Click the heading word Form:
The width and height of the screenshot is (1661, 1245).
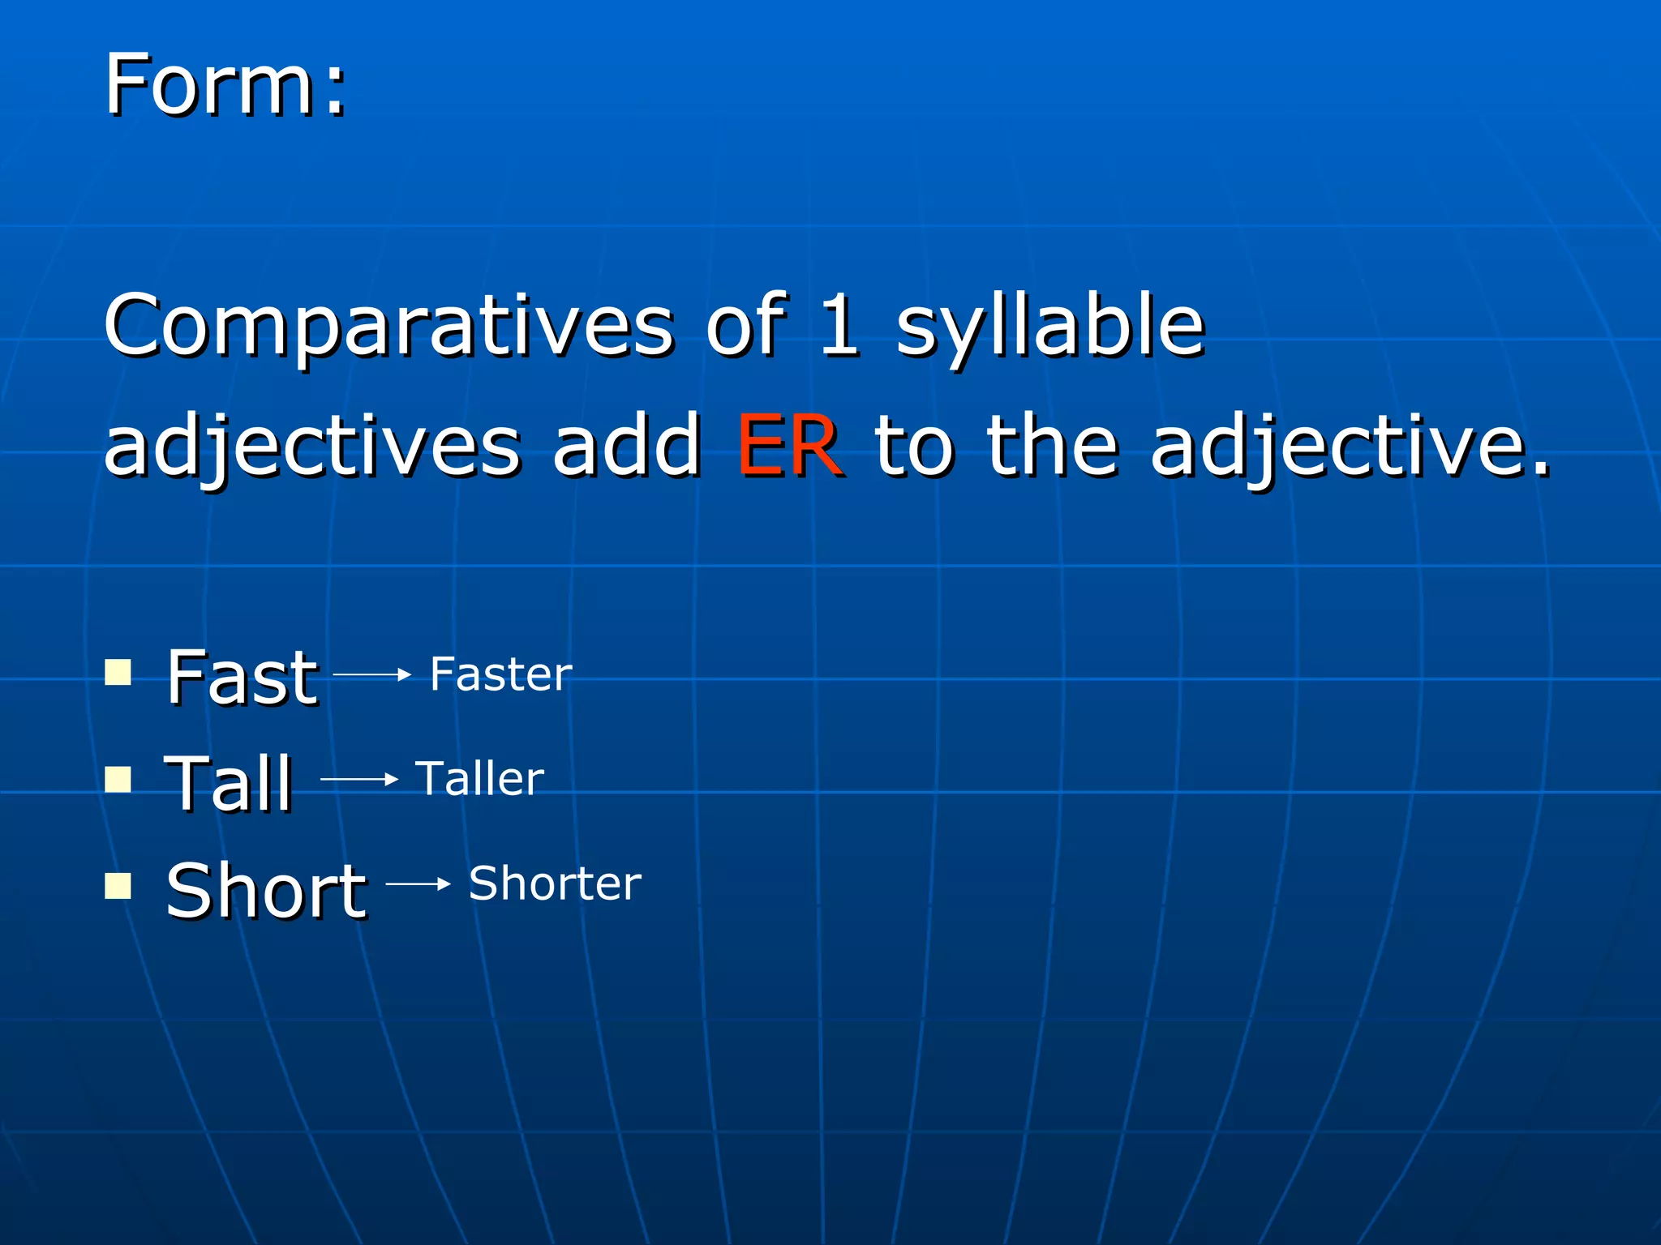pyautogui.click(x=225, y=84)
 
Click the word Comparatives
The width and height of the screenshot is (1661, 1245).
pyautogui.click(x=388, y=326)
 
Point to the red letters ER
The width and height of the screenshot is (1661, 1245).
pyautogui.click(x=788, y=446)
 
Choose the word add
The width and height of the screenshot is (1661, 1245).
pyautogui.click(x=626, y=446)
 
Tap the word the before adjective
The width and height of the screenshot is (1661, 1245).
pyautogui.click(x=1053, y=446)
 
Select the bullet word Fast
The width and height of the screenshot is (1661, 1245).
pyautogui.click(x=242, y=678)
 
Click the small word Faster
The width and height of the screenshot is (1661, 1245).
pyautogui.click(x=500, y=674)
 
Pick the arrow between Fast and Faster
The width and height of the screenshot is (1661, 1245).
pyautogui.click(x=372, y=674)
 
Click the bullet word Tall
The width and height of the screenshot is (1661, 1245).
pyautogui.click(x=228, y=783)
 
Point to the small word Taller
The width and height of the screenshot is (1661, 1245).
pyautogui.click(x=479, y=779)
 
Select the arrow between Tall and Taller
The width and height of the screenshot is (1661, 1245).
pyautogui.click(x=359, y=780)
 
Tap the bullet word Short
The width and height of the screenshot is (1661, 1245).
pyautogui.click(x=266, y=891)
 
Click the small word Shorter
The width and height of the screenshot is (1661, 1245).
pyautogui.click(x=555, y=883)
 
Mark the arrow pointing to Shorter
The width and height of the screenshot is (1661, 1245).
pyautogui.click(x=418, y=884)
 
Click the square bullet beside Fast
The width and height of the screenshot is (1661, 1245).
pyautogui.click(x=118, y=672)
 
